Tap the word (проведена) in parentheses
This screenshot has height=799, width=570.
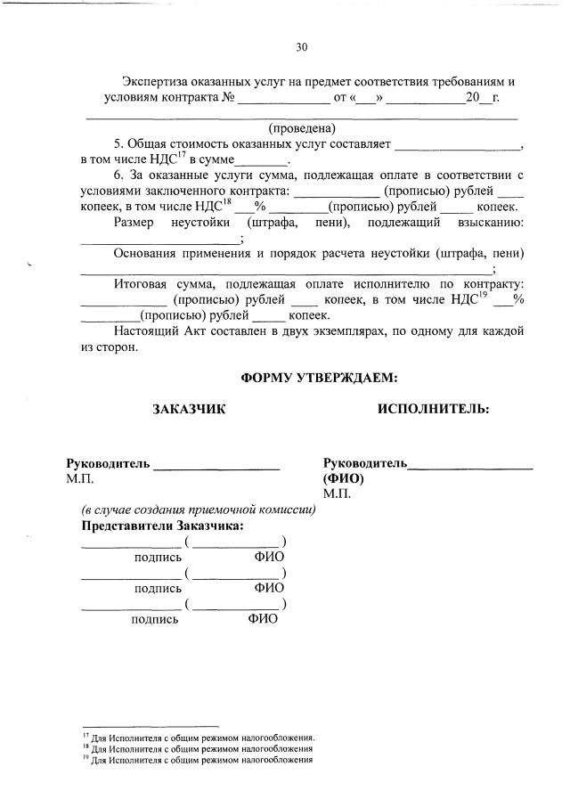302,127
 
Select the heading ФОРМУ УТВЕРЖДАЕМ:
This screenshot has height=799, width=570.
319,378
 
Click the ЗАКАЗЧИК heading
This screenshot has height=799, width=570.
189,409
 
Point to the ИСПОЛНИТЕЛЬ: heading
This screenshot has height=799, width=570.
432,409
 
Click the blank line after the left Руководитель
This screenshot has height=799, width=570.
217,465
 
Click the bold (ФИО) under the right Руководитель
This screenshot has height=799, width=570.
344,477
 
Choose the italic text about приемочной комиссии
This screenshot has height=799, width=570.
199,510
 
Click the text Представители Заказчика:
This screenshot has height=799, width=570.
162,526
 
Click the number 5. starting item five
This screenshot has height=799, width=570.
119,143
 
